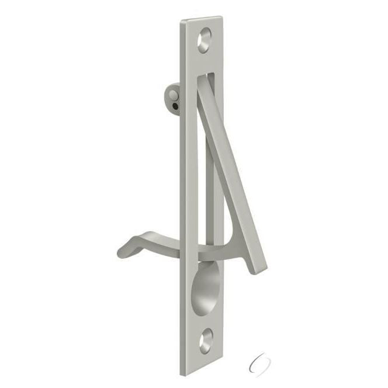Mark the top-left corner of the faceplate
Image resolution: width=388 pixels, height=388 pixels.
[x=181, y=22]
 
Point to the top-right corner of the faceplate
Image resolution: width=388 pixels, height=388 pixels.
[x=221, y=17]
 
